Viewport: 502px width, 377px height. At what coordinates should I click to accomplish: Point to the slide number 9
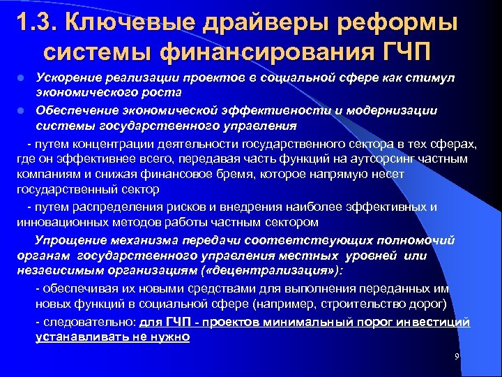coord(456,357)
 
